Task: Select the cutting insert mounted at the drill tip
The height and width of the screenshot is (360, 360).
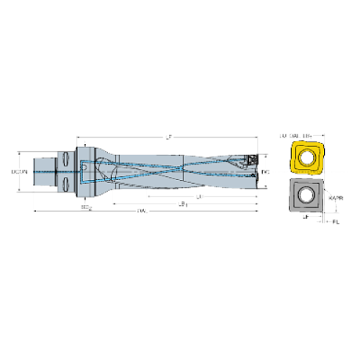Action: click(x=251, y=160)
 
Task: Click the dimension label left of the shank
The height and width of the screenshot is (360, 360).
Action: click(x=20, y=172)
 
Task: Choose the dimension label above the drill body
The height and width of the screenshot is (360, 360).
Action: click(x=168, y=136)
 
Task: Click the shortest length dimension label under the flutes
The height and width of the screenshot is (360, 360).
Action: click(x=199, y=196)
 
